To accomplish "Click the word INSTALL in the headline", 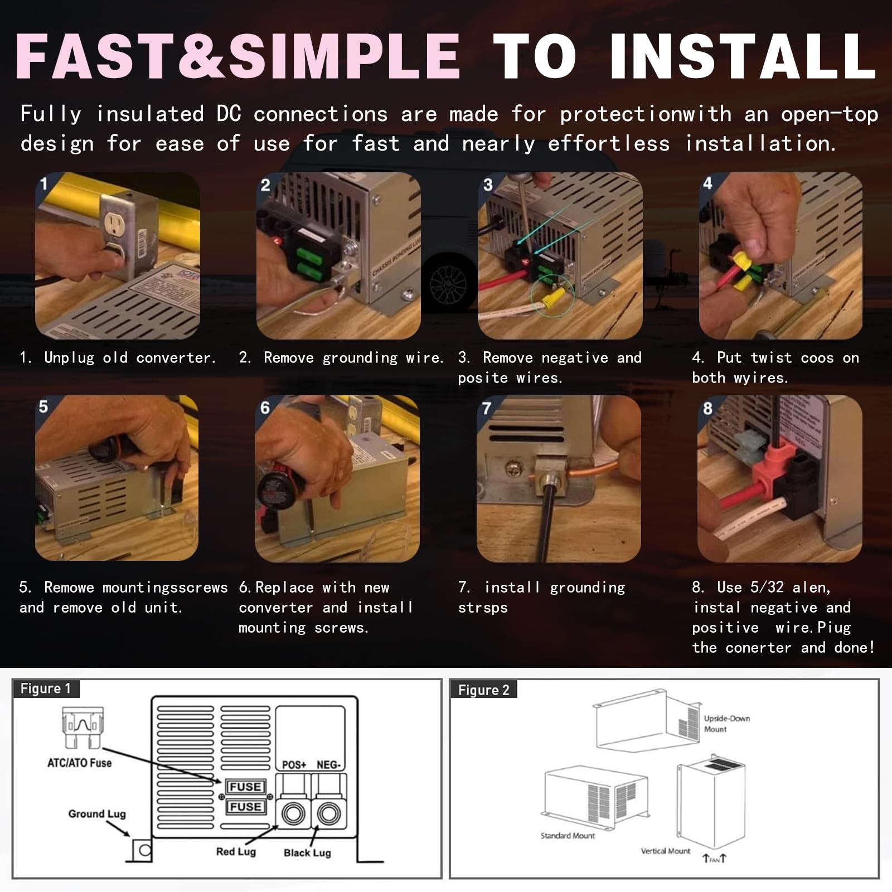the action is click(x=743, y=56).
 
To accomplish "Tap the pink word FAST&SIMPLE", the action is click(x=238, y=56).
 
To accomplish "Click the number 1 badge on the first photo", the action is click(x=44, y=183).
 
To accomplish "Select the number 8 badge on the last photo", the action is click(x=707, y=409).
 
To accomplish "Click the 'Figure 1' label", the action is click(x=45, y=689).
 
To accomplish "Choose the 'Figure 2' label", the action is click(x=483, y=690).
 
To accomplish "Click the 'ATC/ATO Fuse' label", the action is click(x=79, y=763).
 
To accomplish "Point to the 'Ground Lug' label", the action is click(x=97, y=814).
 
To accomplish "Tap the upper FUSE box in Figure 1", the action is click(x=245, y=787).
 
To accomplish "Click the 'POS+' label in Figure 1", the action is click(x=294, y=765).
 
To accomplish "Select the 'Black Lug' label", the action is click(x=307, y=853).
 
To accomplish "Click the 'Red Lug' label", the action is click(x=236, y=852).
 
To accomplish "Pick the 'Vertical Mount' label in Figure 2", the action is click(x=665, y=851).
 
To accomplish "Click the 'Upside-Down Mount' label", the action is click(x=726, y=724).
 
